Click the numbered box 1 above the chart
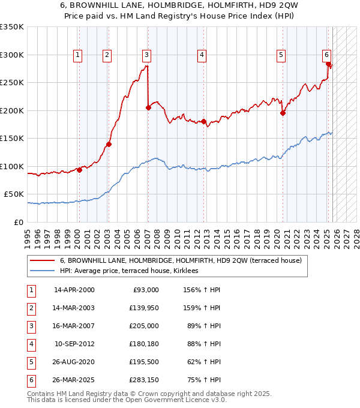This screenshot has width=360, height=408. pos(78,55)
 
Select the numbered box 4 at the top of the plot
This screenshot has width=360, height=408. pos(202,55)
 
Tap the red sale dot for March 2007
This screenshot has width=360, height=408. pos(148,108)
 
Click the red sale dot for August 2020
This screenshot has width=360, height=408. pos(283,113)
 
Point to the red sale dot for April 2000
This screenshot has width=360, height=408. pos(79,170)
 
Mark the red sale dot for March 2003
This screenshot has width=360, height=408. pos(109,144)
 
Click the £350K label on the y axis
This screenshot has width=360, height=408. pos(12,27)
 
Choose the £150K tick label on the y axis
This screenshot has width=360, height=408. pos(12,138)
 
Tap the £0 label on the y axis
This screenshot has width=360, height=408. pos(18,222)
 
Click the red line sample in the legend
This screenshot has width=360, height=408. pos(42,260)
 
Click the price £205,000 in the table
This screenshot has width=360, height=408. pos(144,325)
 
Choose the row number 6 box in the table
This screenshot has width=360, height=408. pos(31,379)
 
